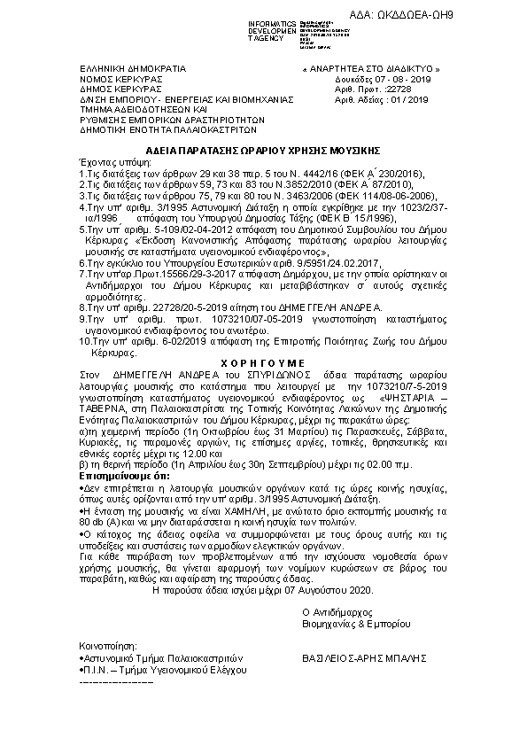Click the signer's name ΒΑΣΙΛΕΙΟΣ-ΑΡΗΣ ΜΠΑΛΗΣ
(x=365, y=659)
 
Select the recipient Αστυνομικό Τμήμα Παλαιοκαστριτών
(x=162, y=659)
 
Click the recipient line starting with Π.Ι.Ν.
(x=165, y=671)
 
